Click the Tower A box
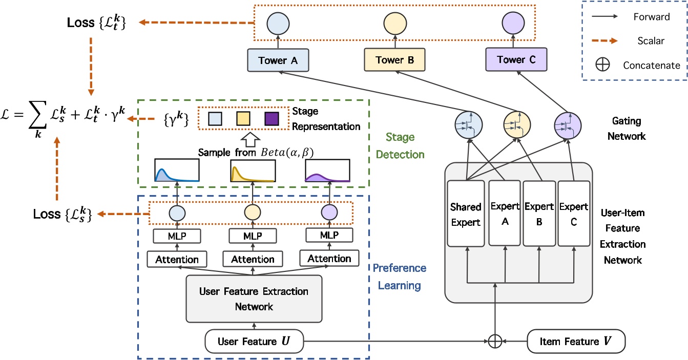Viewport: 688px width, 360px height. pyautogui.click(x=278, y=60)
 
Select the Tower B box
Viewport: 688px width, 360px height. pyautogui.click(x=394, y=60)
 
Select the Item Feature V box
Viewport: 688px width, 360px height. pyautogui.click(x=576, y=341)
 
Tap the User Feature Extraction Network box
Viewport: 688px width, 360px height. pyautogui.click(x=254, y=299)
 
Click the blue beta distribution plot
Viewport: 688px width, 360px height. pyautogui.click(x=176, y=171)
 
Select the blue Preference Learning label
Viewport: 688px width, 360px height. pyautogui.click(x=400, y=276)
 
